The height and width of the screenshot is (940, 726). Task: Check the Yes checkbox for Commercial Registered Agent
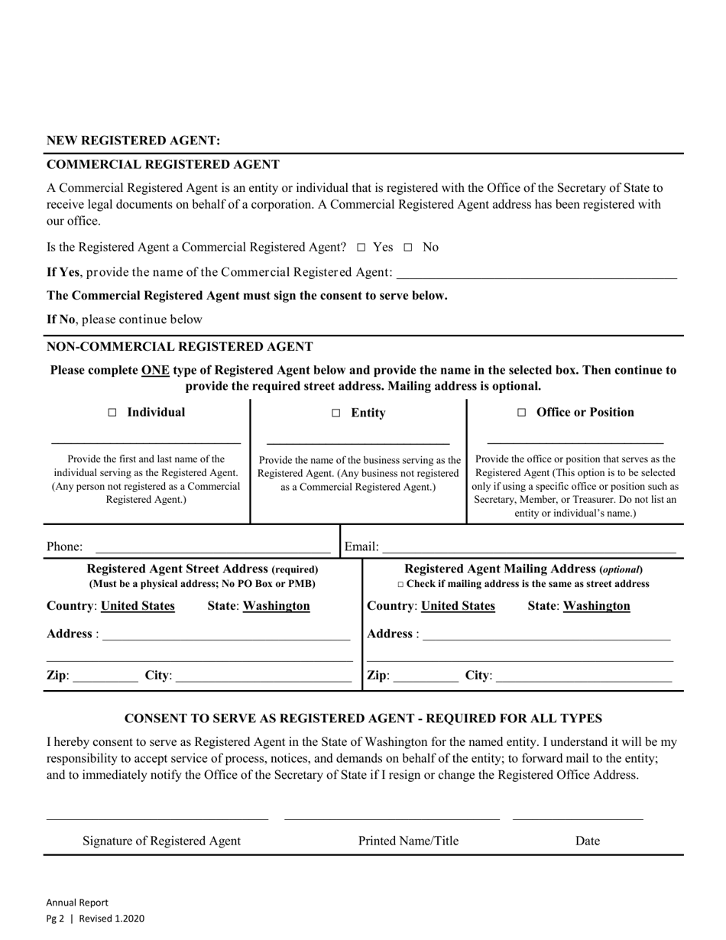[361, 248]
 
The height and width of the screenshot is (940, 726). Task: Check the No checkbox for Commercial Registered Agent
[408, 248]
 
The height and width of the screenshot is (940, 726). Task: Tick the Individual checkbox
[112, 413]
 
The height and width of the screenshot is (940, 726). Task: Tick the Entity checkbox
[336, 413]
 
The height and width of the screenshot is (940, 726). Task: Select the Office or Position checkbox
[522, 413]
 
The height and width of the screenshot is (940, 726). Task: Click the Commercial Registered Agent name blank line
[536, 274]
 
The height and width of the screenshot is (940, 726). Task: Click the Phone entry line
[212, 547]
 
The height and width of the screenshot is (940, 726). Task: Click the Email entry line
[529, 547]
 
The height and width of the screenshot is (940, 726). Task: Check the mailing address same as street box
[401, 585]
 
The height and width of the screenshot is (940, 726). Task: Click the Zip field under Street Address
[105, 676]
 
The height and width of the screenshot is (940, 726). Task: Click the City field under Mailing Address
[584, 676]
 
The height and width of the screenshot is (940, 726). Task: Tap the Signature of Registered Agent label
[161, 841]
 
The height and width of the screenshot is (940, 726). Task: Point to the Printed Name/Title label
[408, 841]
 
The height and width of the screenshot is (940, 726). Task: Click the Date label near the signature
[587, 841]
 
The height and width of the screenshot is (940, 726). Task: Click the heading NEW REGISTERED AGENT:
[134, 141]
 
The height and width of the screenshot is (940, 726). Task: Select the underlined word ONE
[155, 370]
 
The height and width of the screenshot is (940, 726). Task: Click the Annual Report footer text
[77, 902]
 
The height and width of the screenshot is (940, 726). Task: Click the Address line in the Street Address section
[225, 634]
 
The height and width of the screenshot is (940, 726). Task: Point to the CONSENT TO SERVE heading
[363, 718]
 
